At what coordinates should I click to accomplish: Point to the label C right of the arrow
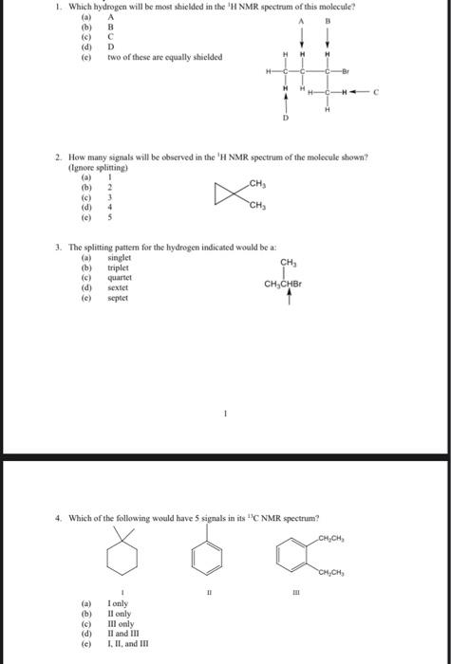[376, 92]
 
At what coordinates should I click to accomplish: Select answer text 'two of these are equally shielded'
[165, 57]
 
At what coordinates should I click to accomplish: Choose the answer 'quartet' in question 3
[121, 277]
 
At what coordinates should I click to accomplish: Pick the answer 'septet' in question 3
[119, 296]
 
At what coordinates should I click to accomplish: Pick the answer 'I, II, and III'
[129, 642]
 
